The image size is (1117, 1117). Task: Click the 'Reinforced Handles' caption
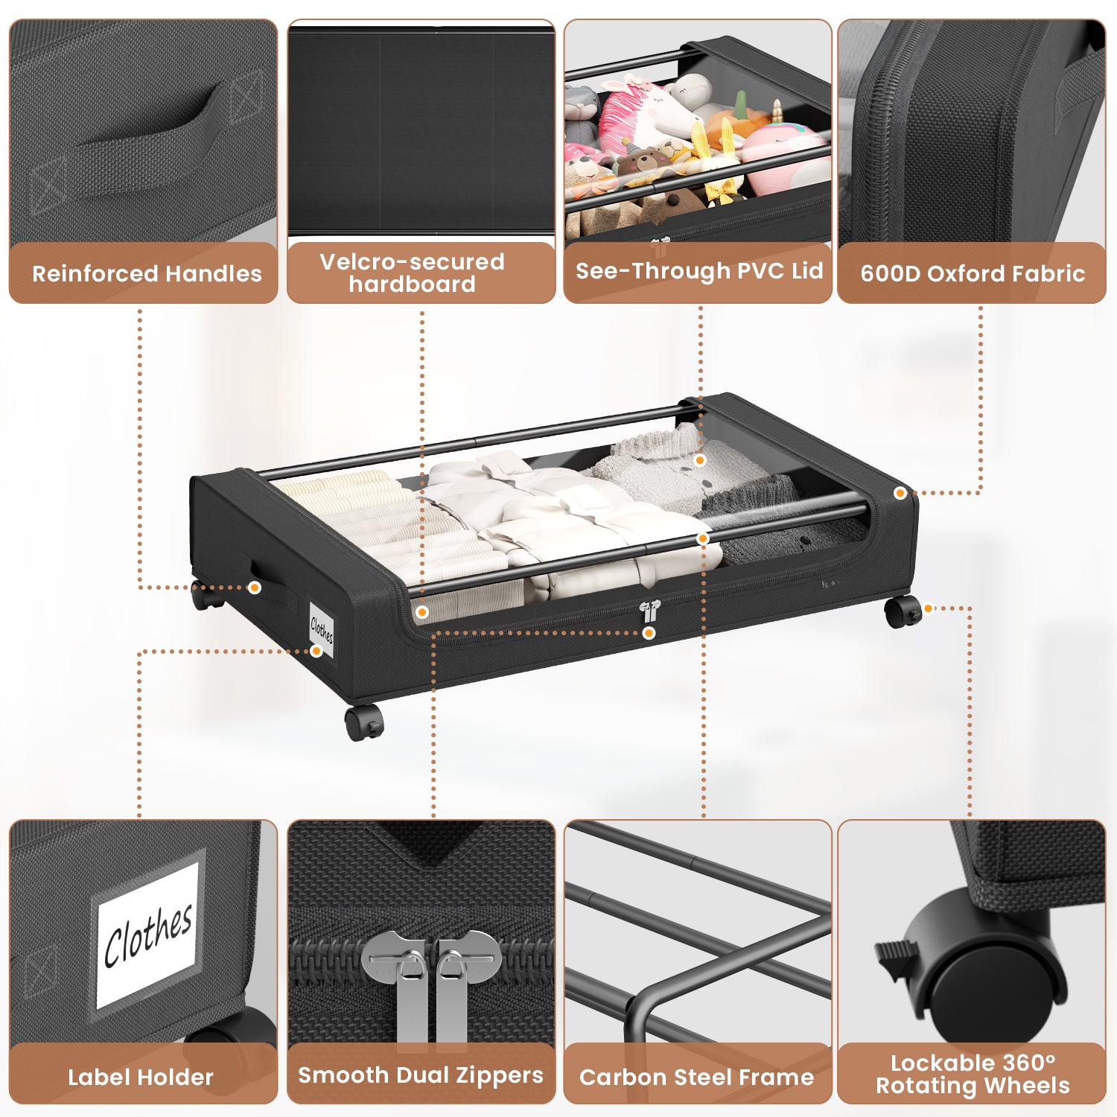click(x=147, y=274)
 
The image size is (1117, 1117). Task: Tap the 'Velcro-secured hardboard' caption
click(x=412, y=273)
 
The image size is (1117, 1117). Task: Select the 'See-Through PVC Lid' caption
click(x=699, y=271)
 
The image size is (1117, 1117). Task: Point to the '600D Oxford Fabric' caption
click(x=973, y=274)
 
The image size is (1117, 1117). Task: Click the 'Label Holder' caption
click(x=141, y=1077)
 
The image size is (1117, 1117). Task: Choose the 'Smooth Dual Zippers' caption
click(x=421, y=1075)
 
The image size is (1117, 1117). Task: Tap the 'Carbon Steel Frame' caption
click(x=696, y=1077)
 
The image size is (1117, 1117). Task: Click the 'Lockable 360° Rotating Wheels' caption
click(x=973, y=1074)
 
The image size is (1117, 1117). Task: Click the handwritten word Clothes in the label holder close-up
click(x=148, y=935)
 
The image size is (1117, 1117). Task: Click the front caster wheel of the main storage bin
click(x=364, y=722)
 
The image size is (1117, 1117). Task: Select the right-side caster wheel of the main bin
click(x=903, y=612)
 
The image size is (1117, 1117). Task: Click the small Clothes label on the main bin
click(x=322, y=630)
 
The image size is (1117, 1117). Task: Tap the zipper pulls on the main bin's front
click(x=649, y=611)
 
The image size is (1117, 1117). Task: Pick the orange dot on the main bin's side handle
click(x=255, y=588)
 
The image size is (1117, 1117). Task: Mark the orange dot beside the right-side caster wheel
click(x=929, y=608)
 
